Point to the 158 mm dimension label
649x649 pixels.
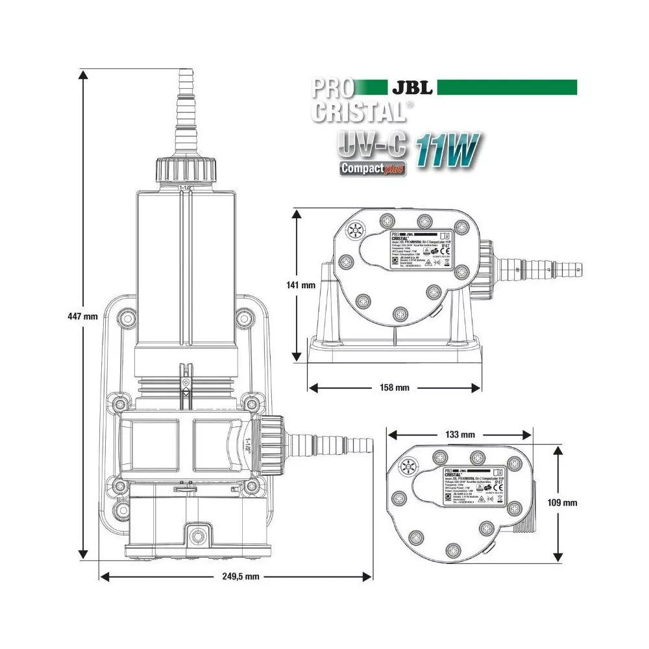coord(395,388)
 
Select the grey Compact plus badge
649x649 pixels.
coord(373,168)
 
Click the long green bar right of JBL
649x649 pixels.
coord(506,87)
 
